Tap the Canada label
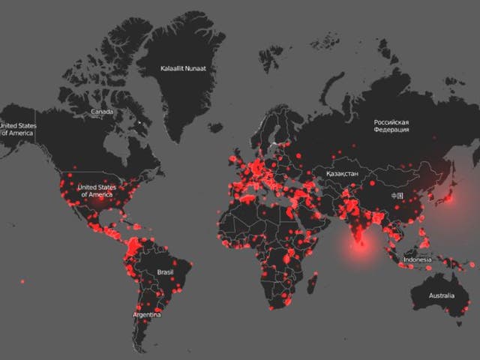point(102,112)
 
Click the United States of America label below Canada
point(97,190)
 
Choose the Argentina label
point(146,314)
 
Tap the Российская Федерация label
point(391,125)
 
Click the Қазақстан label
point(342,173)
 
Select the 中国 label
point(397,196)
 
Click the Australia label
point(441,295)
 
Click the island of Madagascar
point(312,283)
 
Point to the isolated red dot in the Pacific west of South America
point(22,281)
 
